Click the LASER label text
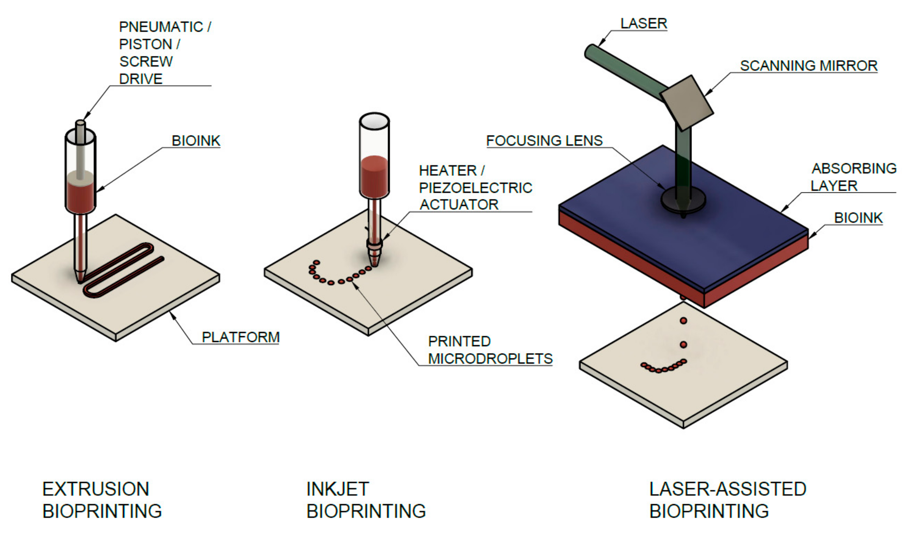point(643,24)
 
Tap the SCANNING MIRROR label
point(808,66)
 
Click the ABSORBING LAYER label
point(853,177)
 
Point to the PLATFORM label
point(241,337)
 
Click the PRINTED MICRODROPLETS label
point(490,350)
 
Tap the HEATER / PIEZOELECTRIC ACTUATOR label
point(475,188)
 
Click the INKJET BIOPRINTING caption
point(366,500)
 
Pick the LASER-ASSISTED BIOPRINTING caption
point(728,500)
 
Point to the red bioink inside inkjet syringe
point(374,176)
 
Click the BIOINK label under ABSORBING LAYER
point(858,218)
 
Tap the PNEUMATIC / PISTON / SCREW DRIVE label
point(165,53)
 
